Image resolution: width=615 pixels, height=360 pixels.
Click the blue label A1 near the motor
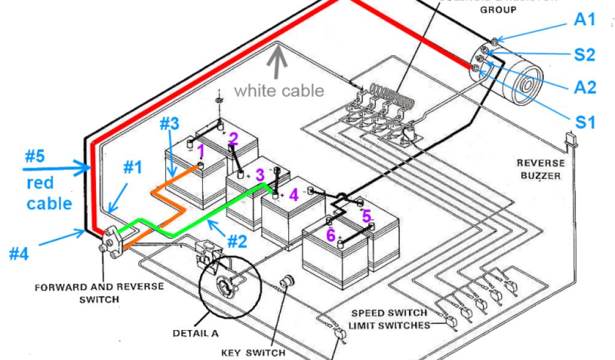pyautogui.click(x=584, y=20)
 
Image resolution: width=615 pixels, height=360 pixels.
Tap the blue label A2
pyautogui.click(x=584, y=88)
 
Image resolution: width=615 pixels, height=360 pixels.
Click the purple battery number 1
pyautogui.click(x=201, y=149)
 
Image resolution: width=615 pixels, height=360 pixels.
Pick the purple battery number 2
pyautogui.click(x=234, y=139)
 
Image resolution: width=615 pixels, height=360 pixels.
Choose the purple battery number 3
pyautogui.click(x=259, y=175)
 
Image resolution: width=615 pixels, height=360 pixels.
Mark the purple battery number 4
pyautogui.click(x=292, y=195)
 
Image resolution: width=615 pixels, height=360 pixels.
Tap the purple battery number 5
pyautogui.click(x=366, y=215)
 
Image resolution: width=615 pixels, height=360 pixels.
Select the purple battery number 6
pyautogui.click(x=330, y=235)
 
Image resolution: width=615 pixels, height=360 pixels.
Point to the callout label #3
pyautogui.click(x=169, y=125)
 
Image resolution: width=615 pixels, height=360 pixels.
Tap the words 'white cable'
pyautogui.click(x=279, y=91)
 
